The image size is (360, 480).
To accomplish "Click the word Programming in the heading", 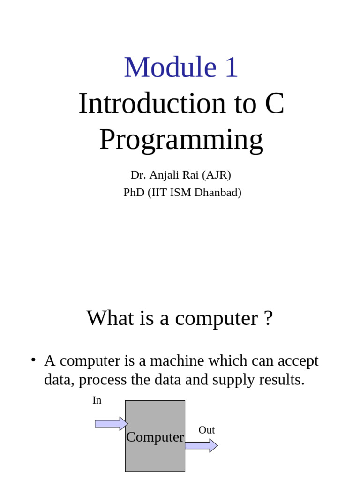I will point(181,140).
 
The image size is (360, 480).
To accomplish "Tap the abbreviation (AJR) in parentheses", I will point(216,175).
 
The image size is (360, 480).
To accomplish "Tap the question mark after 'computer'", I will point(268,318).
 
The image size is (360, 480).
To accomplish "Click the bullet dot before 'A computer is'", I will point(33,360).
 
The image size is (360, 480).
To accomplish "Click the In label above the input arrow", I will point(97,400).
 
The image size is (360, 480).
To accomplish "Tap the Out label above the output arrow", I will point(206,430).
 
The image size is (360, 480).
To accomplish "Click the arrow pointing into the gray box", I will point(111,423).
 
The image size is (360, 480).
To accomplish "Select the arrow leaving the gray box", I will point(201,445).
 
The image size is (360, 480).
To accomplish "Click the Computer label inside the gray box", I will point(155,437).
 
